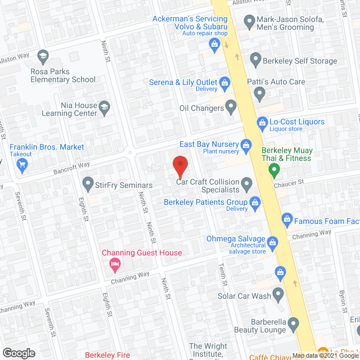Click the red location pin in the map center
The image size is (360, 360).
[x=179, y=164]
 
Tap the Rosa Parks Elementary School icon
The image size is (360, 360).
[x=43, y=56]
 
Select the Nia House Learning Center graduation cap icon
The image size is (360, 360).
[x=103, y=106]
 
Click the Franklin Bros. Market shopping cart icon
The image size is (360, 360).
[x=22, y=164]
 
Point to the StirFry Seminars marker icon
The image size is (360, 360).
[x=87, y=183]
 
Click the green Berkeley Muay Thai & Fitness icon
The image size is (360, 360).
[x=274, y=169]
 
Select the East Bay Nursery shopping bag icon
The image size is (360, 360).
[x=246, y=146]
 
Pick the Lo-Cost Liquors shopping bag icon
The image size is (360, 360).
[x=262, y=122]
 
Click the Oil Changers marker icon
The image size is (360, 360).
[x=231, y=106]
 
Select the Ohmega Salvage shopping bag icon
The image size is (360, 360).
[x=273, y=243]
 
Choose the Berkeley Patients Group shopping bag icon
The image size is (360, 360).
[x=255, y=201]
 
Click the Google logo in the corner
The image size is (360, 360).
[x=19, y=353]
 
